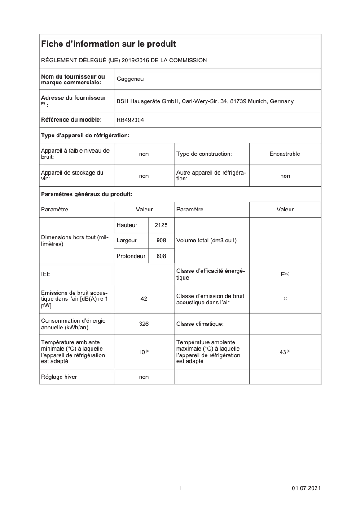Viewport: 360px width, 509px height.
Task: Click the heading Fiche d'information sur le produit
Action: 108,44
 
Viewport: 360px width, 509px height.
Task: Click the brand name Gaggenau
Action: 130,79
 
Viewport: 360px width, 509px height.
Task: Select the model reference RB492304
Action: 131,120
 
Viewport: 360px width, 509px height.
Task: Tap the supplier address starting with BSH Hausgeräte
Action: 205,101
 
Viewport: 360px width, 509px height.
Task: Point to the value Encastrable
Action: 285,154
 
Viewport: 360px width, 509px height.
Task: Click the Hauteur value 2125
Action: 161,225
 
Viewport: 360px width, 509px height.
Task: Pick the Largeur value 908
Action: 161,241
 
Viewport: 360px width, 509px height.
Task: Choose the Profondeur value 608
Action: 161,256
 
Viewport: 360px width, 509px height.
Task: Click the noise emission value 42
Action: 144,299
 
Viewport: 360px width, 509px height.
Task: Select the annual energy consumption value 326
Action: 144,324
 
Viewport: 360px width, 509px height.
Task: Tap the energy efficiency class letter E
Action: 283,274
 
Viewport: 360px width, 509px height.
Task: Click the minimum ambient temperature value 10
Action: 141,352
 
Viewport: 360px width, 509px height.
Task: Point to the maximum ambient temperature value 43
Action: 283,352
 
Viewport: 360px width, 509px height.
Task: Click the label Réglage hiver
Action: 59,377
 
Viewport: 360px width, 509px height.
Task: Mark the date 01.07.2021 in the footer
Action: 306,488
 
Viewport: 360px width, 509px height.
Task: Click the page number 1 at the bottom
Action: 180,488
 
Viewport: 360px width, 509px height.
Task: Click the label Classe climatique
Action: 200,324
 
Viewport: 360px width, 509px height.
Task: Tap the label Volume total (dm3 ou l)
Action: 206,241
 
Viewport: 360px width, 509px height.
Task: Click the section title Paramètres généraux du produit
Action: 86,194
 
